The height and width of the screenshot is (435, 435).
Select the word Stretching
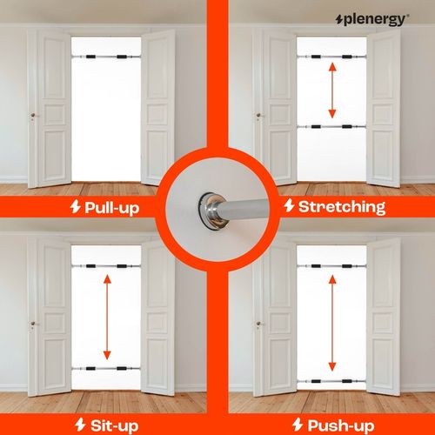[341, 207]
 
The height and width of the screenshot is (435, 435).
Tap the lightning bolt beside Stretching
[288, 207]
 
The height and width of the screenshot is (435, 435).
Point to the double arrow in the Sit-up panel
[107, 317]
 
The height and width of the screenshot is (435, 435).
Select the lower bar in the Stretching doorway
[331, 128]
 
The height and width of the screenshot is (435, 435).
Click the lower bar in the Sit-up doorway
[106, 369]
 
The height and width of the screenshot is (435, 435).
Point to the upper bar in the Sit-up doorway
[106, 265]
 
